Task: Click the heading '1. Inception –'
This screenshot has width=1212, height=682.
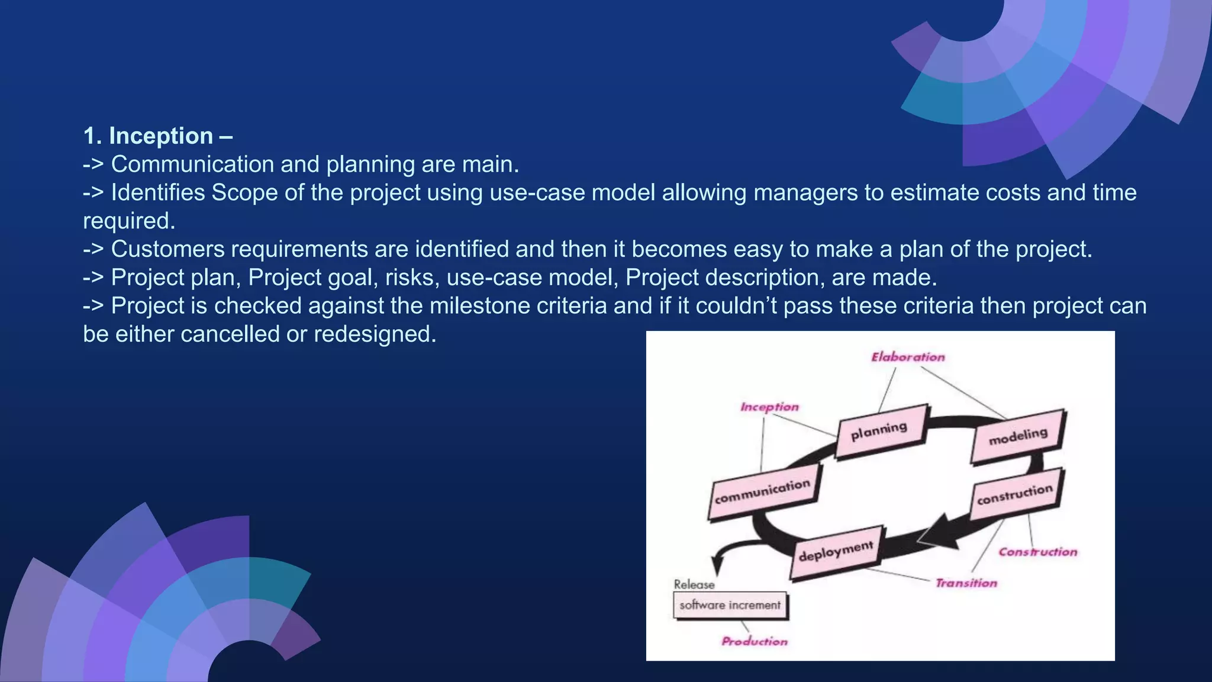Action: coord(157,136)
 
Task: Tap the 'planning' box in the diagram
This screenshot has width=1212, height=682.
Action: coord(881,430)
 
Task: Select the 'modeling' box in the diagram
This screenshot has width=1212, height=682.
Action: coord(1018,437)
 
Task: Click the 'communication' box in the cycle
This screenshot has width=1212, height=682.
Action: coord(763,492)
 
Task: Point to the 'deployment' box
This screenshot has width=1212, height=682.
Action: coord(836,551)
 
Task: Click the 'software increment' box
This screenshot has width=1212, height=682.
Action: coord(730,605)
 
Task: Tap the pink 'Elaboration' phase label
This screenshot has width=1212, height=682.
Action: coord(908,357)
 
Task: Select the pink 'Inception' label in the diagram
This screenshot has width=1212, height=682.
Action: coord(769,407)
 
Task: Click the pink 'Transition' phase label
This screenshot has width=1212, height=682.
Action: coord(966,583)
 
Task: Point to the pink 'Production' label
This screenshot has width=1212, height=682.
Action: coord(755,641)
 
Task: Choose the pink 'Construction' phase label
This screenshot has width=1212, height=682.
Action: coord(1038,552)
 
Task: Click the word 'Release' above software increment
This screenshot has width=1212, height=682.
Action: coord(694,584)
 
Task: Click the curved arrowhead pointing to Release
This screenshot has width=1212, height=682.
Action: coord(717,565)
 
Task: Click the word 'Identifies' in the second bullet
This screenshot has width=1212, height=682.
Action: coord(158,193)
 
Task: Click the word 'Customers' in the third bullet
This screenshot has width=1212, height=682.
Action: coord(168,249)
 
